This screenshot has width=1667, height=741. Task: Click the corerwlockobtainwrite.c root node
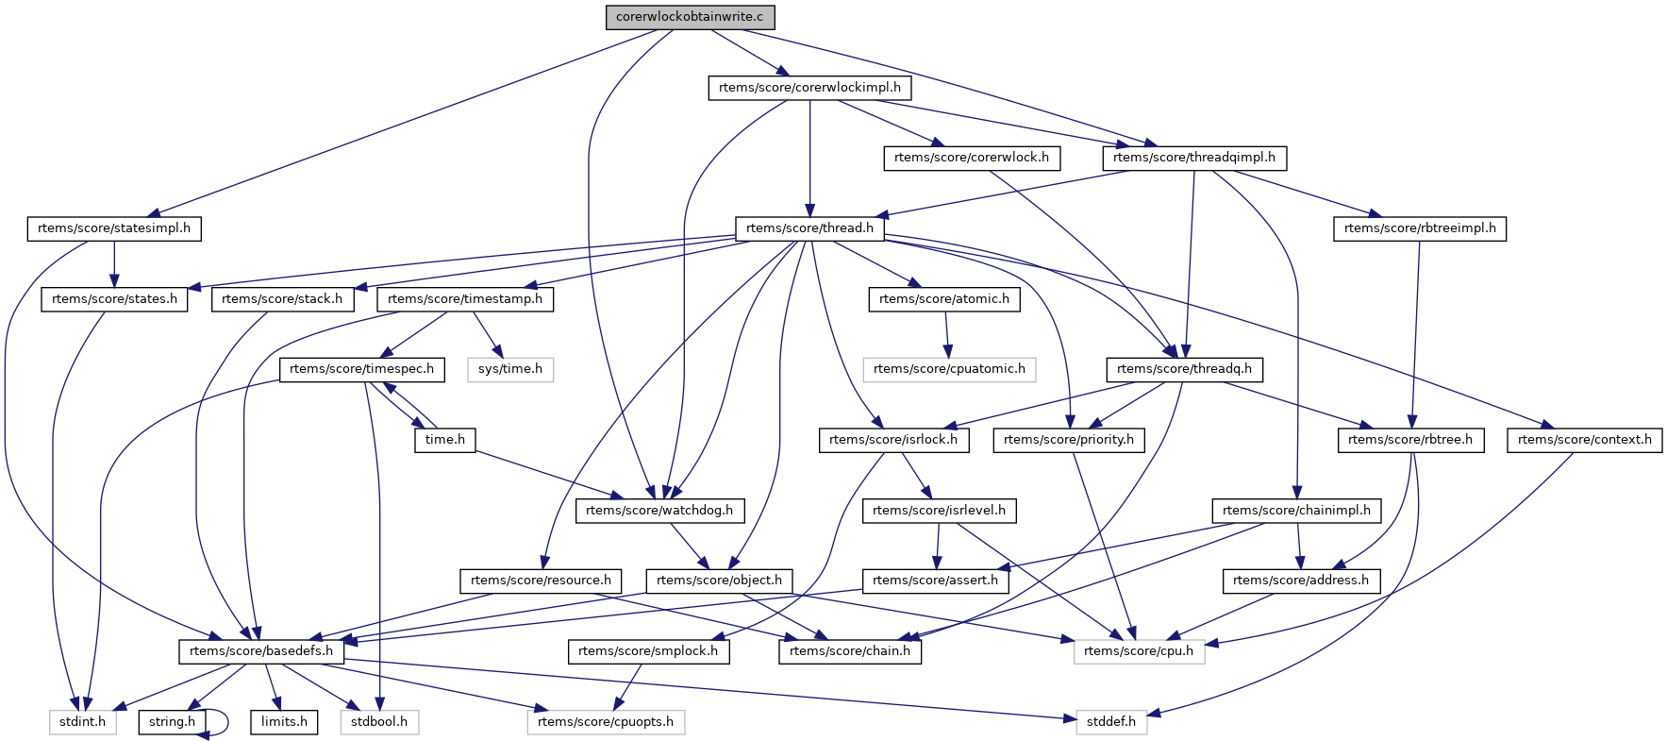click(x=690, y=17)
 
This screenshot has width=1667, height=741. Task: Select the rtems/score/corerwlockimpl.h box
click(x=809, y=88)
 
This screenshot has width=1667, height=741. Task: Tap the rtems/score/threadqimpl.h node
click(x=1193, y=158)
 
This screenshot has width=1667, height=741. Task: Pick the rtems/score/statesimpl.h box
click(x=114, y=228)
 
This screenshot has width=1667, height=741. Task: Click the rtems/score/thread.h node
click(x=809, y=228)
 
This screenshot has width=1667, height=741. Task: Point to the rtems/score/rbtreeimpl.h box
click(x=1419, y=228)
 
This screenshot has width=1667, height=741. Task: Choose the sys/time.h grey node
click(x=509, y=369)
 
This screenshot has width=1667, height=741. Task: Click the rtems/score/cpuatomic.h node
click(x=949, y=369)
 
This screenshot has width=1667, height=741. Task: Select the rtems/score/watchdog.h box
click(x=659, y=511)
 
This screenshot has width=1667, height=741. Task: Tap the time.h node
click(x=445, y=440)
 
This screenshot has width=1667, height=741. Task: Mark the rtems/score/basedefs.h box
click(x=261, y=651)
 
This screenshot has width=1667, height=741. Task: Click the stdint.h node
click(x=83, y=722)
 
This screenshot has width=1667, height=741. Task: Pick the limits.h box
click(x=284, y=722)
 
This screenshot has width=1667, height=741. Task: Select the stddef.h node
click(x=1111, y=722)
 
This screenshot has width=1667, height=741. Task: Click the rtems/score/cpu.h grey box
click(x=1139, y=651)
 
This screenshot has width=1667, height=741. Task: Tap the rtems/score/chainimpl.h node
click(x=1296, y=511)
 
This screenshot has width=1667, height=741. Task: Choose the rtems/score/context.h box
click(x=1585, y=440)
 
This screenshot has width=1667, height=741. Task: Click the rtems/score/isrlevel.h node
click(x=939, y=511)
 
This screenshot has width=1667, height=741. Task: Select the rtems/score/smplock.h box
click(x=648, y=651)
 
